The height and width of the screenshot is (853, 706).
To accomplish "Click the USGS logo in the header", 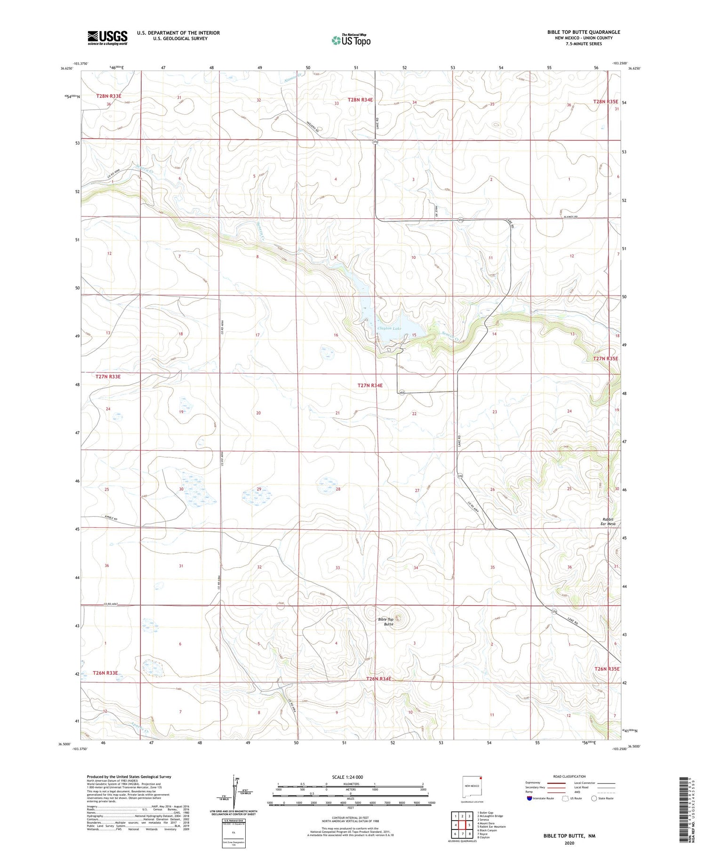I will (107, 38).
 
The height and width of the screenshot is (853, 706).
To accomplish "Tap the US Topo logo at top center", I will (351, 40).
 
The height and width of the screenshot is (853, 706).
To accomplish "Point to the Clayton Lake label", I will (389, 328).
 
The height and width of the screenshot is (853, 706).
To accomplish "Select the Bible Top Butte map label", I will (385, 622).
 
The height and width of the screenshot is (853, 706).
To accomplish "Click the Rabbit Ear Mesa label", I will (608, 521).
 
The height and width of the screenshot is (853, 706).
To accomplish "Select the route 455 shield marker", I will (401, 392).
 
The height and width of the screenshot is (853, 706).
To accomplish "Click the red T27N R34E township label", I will (370, 385).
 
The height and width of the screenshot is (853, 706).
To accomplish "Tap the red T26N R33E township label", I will (105, 673).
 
